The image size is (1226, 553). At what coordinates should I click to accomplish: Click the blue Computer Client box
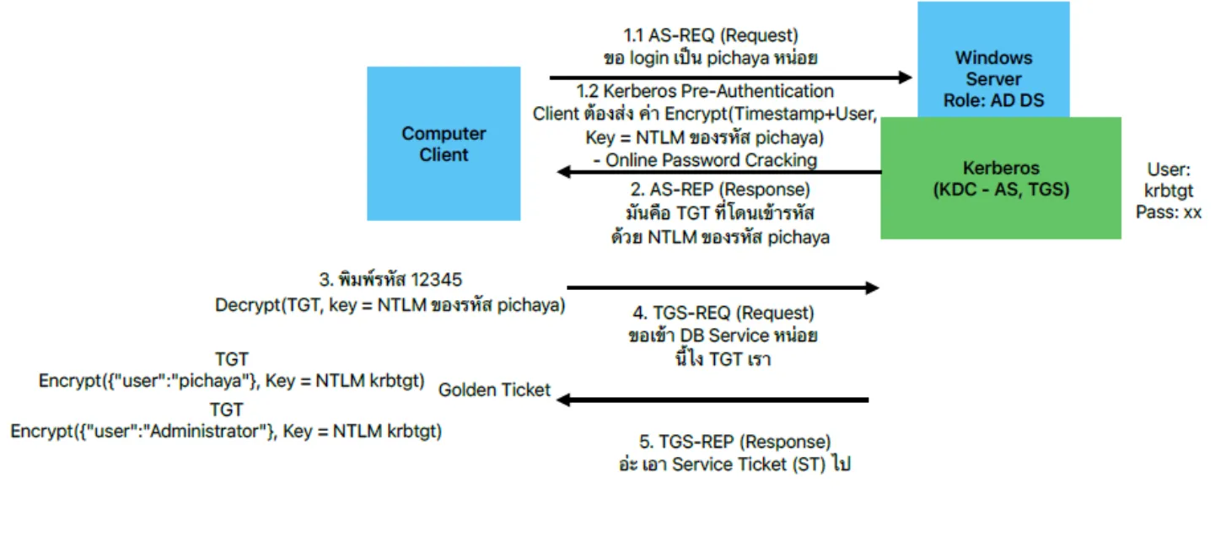click(444, 144)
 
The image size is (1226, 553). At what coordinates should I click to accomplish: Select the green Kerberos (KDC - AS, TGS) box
click(1001, 179)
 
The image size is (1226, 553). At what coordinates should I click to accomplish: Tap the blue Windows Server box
click(993, 59)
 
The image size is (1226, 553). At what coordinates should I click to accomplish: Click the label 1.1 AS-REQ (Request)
click(711, 35)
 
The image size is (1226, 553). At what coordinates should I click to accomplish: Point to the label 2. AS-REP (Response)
click(720, 190)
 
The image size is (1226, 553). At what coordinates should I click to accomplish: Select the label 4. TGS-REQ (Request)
click(723, 313)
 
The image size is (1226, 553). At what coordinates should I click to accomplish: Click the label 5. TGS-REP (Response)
click(734, 442)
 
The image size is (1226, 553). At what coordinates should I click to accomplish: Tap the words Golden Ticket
click(494, 390)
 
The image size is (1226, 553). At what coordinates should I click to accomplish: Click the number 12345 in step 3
click(436, 280)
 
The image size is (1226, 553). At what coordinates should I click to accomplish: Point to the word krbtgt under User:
click(1169, 191)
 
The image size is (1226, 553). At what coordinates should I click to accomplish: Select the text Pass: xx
click(1169, 212)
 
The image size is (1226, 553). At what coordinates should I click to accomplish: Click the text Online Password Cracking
click(711, 160)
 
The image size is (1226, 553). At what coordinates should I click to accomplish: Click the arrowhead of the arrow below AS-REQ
click(906, 78)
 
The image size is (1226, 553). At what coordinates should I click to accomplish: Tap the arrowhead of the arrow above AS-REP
click(564, 172)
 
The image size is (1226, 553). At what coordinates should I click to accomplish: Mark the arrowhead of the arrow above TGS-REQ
click(873, 287)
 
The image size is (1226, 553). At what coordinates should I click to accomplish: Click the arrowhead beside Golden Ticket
click(564, 400)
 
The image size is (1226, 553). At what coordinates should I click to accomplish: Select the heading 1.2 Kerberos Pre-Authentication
click(705, 91)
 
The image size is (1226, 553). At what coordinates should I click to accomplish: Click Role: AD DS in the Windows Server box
click(993, 100)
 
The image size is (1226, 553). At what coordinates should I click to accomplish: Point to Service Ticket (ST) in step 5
click(748, 464)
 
